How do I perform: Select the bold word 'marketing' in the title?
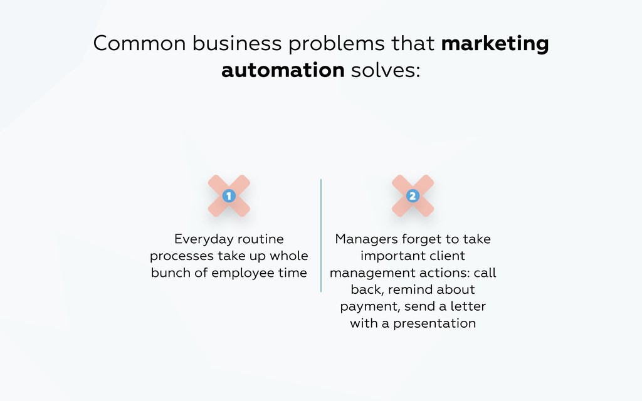coord(495,44)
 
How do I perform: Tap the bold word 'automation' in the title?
coord(283,70)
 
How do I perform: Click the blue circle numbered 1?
coord(229,196)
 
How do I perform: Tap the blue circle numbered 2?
coord(413,196)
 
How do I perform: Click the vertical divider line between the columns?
coord(321,235)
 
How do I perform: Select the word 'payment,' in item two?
coord(370,307)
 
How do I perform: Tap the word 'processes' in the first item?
coord(181,256)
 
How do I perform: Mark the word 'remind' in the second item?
coord(412,289)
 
